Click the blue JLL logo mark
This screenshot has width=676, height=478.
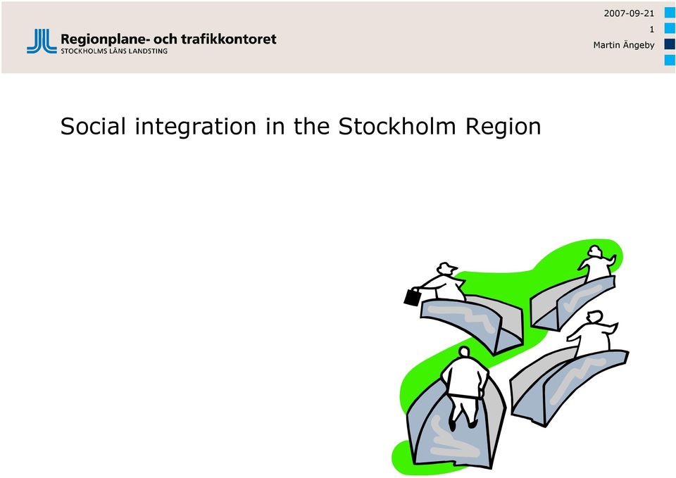tap(42, 42)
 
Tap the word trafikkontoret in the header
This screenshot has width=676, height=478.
tap(229, 39)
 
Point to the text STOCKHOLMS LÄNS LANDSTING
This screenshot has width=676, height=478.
tap(114, 51)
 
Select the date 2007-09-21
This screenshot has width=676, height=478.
tap(629, 13)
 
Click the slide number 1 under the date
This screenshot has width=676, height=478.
tap(652, 30)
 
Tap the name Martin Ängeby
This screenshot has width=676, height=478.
tap(624, 45)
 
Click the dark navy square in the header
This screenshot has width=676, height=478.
tap(670, 44)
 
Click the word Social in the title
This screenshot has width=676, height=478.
tap(93, 126)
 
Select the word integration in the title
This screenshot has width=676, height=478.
tap(196, 127)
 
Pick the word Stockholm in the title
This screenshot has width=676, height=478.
tap(396, 126)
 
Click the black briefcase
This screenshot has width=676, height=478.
tap(412, 296)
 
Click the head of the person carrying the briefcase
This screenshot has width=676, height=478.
tap(446, 268)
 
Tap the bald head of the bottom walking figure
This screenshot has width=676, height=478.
tap(464, 352)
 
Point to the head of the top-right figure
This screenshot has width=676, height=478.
tap(594, 251)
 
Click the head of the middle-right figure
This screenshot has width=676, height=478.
tap(594, 317)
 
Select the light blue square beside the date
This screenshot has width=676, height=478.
tap(670, 13)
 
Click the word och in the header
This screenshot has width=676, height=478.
tap(165, 39)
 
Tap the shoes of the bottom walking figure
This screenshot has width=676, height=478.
tap(462, 424)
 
